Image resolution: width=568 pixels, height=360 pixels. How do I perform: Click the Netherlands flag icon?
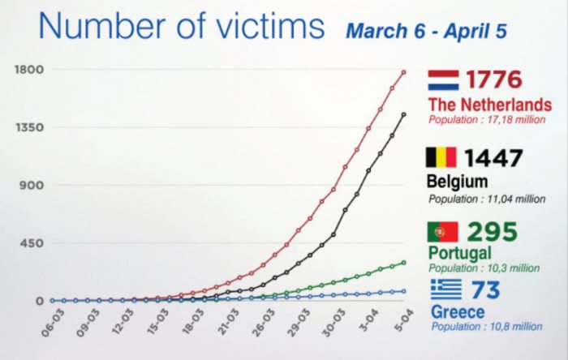[x=444, y=80]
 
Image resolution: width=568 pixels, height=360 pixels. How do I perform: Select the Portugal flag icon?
[x=442, y=232]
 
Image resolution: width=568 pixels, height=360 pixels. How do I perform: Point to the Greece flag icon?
[x=445, y=289]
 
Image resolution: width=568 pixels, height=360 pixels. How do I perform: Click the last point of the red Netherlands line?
[x=404, y=71]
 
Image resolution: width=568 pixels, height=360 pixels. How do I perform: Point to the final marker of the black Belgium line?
[x=404, y=114]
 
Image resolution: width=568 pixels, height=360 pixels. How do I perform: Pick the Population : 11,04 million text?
[x=486, y=197]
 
